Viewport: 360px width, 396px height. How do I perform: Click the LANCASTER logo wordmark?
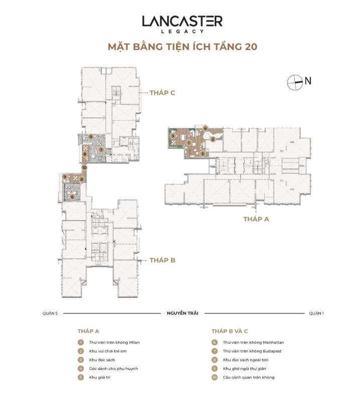(x=182, y=21)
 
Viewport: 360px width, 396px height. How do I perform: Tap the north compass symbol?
(x=295, y=82)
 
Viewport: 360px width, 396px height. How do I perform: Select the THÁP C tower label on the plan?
(x=162, y=93)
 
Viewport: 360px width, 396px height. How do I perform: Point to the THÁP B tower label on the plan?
(x=162, y=260)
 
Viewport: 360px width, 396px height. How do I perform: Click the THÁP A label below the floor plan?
(x=256, y=219)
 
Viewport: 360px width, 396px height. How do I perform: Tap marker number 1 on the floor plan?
(x=189, y=143)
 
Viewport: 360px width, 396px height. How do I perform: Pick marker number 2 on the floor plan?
(x=213, y=139)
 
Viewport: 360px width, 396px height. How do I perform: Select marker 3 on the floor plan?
(x=173, y=136)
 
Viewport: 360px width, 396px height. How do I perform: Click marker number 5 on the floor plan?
(x=203, y=153)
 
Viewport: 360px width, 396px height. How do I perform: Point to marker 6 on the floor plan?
(x=72, y=196)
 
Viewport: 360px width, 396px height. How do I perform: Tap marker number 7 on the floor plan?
(x=101, y=150)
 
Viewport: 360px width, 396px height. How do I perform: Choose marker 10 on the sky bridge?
(x=84, y=167)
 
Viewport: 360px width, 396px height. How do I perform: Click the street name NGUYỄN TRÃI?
(x=183, y=313)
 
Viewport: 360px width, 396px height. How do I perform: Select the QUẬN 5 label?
(x=50, y=313)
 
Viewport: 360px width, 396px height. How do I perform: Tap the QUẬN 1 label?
(x=316, y=313)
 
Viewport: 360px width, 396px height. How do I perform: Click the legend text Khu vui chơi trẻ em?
(x=108, y=351)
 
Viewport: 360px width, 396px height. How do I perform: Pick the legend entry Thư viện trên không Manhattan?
(x=253, y=342)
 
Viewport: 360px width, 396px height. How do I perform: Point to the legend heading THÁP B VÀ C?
(x=230, y=331)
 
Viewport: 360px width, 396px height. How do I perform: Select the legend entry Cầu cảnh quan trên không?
(x=249, y=377)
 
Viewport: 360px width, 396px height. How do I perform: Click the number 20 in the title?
(x=251, y=47)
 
